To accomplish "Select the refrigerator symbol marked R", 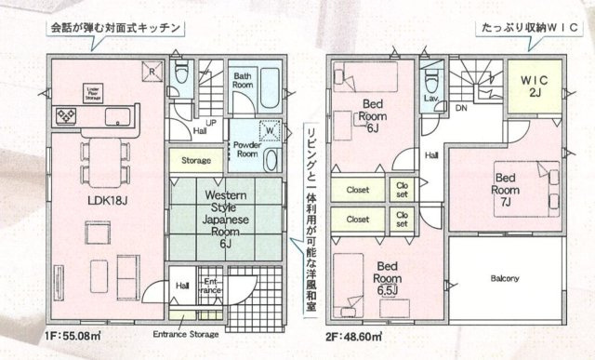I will (x=148, y=71).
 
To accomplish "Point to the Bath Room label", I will (x=245, y=79).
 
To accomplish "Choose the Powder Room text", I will (x=245, y=150).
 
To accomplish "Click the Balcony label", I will (x=505, y=278).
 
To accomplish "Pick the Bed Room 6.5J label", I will (x=387, y=278).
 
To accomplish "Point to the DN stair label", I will (x=460, y=108).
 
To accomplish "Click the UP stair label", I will (x=211, y=122).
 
